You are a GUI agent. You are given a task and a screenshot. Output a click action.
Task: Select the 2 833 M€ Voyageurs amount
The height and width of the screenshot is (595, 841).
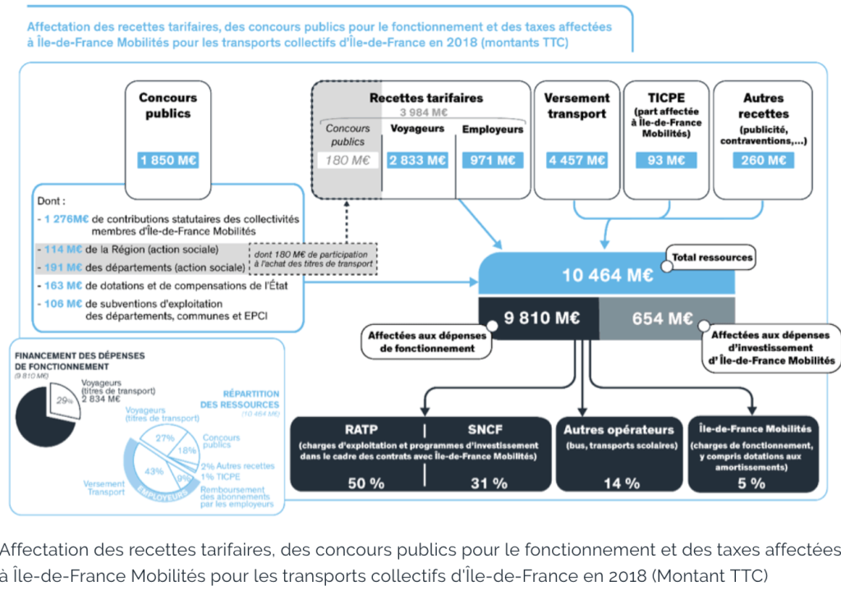(418, 161)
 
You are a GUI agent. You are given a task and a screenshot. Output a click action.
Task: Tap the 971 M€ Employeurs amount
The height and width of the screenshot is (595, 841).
(493, 161)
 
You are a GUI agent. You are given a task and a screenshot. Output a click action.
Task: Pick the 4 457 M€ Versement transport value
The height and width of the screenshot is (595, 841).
(577, 161)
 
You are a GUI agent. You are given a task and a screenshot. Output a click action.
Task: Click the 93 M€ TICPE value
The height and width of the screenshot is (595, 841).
(666, 161)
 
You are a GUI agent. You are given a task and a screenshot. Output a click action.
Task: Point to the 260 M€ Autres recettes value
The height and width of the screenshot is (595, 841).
(764, 161)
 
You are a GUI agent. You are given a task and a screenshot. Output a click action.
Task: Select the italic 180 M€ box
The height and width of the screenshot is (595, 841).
(348, 161)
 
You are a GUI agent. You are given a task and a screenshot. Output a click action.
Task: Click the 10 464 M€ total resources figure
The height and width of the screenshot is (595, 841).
(608, 275)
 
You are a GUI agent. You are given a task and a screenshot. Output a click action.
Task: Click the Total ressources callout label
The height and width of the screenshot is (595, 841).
(712, 258)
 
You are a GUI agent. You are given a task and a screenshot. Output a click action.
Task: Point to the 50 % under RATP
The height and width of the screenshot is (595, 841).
(365, 483)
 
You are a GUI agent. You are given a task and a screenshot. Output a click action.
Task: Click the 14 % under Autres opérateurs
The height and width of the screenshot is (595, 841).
(621, 483)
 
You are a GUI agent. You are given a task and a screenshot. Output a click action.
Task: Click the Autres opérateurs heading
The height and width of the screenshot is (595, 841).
(618, 429)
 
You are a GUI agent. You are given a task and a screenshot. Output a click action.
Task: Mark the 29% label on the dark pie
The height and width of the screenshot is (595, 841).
(63, 400)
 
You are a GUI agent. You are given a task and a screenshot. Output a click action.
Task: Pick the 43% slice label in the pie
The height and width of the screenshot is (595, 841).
(153, 471)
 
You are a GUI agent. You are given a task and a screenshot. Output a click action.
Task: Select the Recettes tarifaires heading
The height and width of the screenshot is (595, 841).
(425, 98)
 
